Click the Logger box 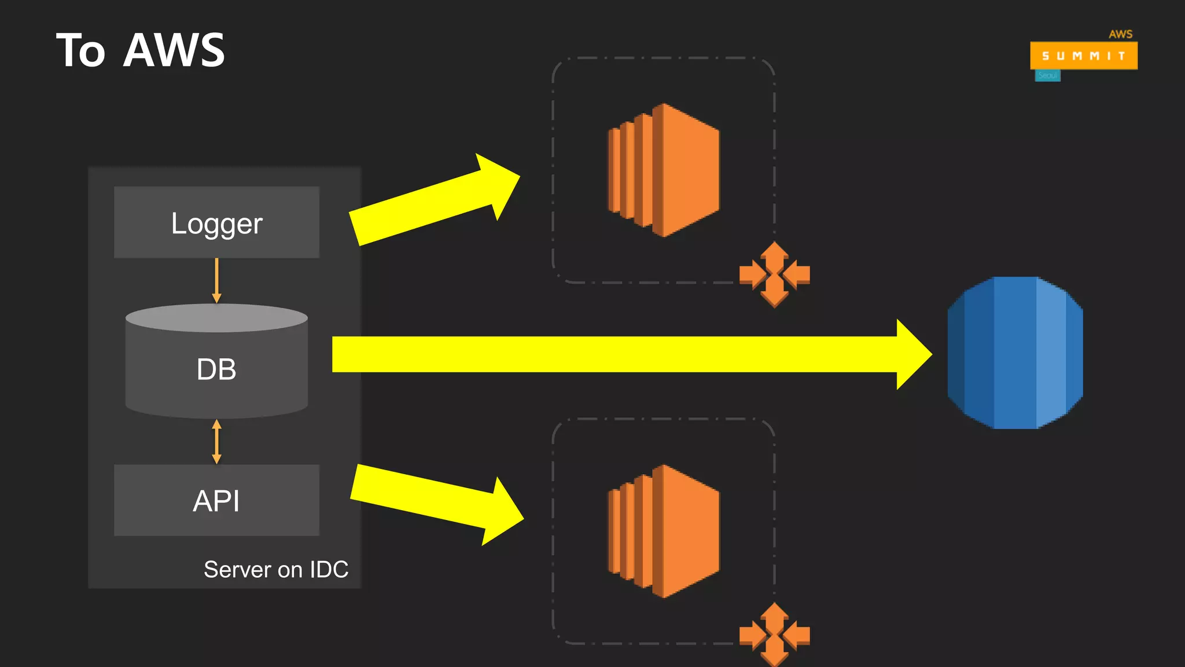(x=216, y=222)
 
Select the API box (x=216, y=500)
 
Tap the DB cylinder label (x=216, y=369)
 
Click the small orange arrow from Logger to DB (x=216, y=280)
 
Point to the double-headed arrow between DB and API (x=216, y=442)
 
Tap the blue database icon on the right (x=1015, y=353)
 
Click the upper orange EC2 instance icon (x=664, y=170)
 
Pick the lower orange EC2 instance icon (x=664, y=531)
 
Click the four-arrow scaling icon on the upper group (x=774, y=274)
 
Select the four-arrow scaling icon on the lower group (x=774, y=635)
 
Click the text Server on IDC (x=276, y=570)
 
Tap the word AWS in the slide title (x=174, y=50)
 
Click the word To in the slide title (x=80, y=50)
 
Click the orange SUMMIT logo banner (x=1083, y=56)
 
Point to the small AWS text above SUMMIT (x=1120, y=34)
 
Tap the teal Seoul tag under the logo (x=1047, y=76)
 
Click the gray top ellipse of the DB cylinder (x=216, y=318)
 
